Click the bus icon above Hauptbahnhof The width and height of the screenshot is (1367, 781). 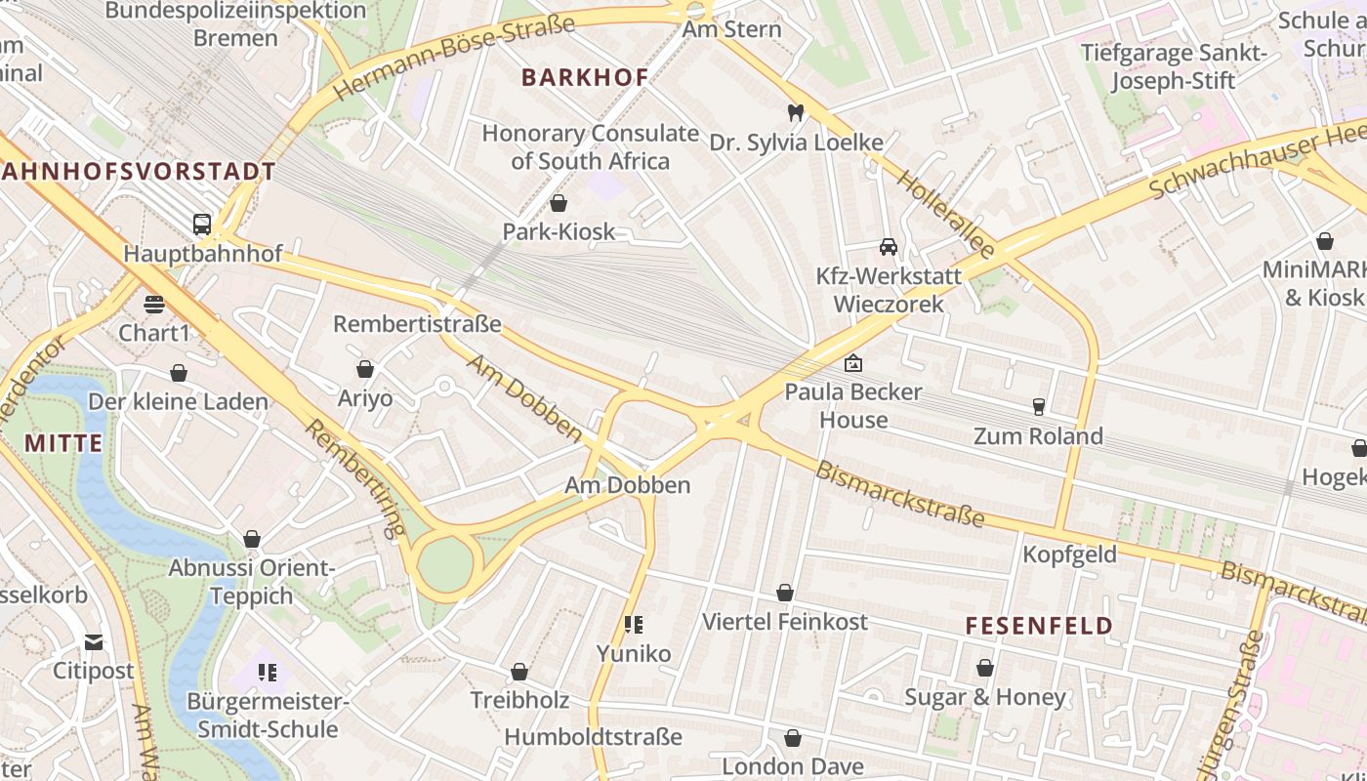pyautogui.click(x=202, y=225)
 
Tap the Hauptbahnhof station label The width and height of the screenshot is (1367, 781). pyautogui.click(x=202, y=254)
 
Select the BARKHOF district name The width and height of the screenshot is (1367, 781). pyautogui.click(x=585, y=78)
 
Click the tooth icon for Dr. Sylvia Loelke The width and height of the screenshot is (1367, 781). pyautogui.click(x=796, y=113)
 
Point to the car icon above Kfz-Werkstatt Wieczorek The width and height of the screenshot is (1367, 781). pyautogui.click(x=889, y=246)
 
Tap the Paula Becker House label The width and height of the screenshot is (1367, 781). pyautogui.click(x=853, y=406)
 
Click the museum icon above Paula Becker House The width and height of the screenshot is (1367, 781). pyautogui.click(x=853, y=363)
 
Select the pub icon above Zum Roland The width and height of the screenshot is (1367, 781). pyautogui.click(x=1038, y=406)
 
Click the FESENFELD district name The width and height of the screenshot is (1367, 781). pyautogui.click(x=1039, y=626)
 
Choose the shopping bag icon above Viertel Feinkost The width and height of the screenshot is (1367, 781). pyautogui.click(x=785, y=593)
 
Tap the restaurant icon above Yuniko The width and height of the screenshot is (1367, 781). pyautogui.click(x=634, y=624)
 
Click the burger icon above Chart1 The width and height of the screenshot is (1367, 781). pyautogui.click(x=154, y=304)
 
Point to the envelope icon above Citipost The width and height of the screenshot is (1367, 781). pyautogui.click(x=93, y=641)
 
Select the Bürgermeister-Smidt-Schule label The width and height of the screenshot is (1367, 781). pyautogui.click(x=268, y=716)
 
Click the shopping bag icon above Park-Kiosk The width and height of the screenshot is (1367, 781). pyautogui.click(x=559, y=203)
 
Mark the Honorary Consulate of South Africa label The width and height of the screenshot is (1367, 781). pyautogui.click(x=590, y=147)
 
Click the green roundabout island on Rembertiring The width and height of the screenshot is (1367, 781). pyautogui.click(x=445, y=565)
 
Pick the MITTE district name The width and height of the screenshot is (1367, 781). pyautogui.click(x=63, y=443)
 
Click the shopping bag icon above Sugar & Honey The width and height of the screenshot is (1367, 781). pyautogui.click(x=985, y=668)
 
